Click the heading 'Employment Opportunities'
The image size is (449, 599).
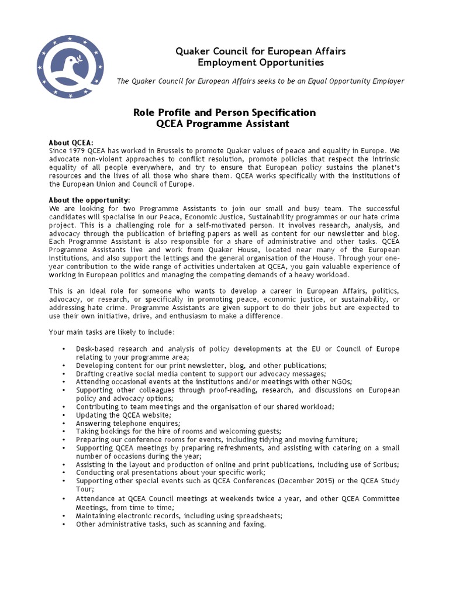260,63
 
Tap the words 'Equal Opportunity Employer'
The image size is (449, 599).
357,81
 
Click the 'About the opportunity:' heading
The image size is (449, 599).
89,200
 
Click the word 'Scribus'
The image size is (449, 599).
384,464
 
